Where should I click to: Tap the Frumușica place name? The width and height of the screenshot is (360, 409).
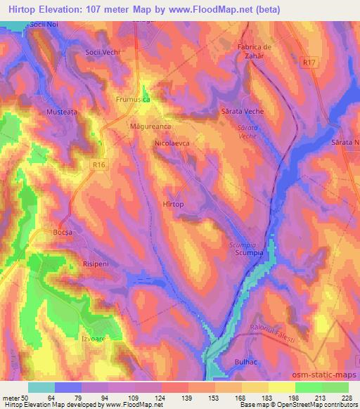tap(134, 100)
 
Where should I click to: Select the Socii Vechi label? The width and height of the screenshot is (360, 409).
tap(103, 53)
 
